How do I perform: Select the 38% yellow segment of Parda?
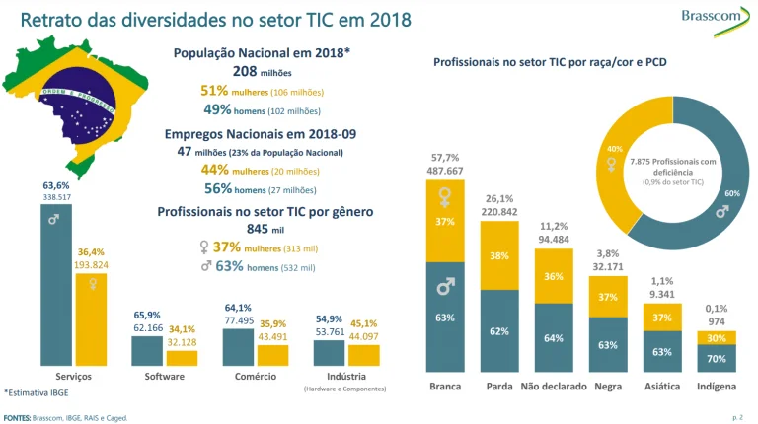pyautogui.click(x=499, y=255)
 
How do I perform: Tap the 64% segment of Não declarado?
pyautogui.click(x=554, y=337)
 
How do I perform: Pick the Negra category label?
pyautogui.click(x=608, y=386)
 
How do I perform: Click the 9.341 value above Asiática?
pyautogui.click(x=662, y=293)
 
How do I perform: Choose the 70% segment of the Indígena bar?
pyautogui.click(x=716, y=360)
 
